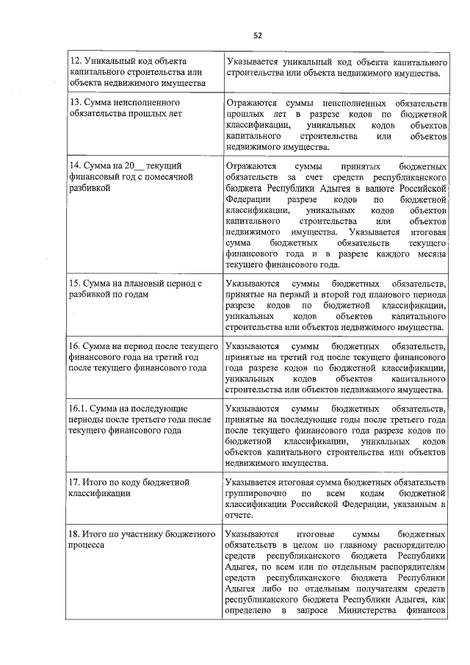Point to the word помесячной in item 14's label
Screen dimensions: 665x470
tap(170, 177)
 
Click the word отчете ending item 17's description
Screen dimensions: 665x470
tap(242, 516)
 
